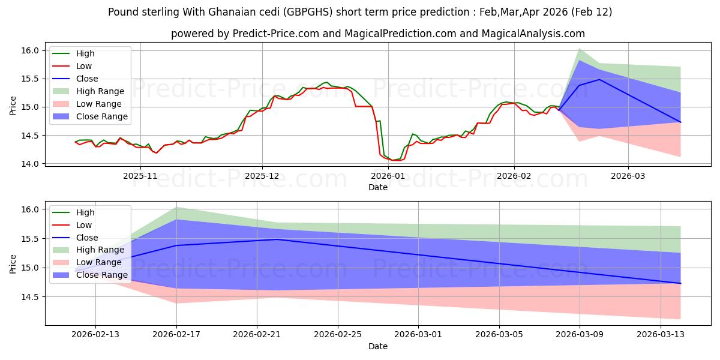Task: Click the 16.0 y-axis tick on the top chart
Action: click(x=32, y=50)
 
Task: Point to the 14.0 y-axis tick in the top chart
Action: click(x=32, y=164)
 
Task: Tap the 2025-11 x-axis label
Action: click(x=140, y=176)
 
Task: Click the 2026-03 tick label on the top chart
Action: click(x=628, y=176)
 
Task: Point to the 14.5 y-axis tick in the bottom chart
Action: click(x=32, y=297)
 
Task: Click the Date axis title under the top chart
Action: click(x=378, y=187)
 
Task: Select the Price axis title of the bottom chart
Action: click(x=13, y=263)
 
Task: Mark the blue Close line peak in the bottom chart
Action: click(x=277, y=239)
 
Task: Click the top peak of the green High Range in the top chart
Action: click(x=579, y=48)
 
